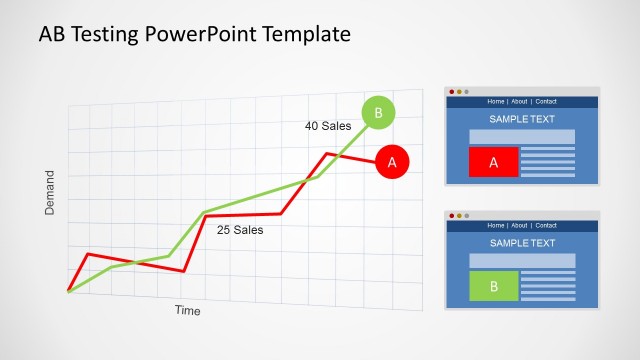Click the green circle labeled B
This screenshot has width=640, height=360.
pos(378,113)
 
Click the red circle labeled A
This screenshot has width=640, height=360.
pos(392,161)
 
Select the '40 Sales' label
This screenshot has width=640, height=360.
pos(328,126)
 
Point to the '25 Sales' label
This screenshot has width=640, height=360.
pos(240,230)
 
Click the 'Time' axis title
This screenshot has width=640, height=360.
pos(188,311)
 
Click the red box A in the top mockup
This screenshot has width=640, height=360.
pos(493,162)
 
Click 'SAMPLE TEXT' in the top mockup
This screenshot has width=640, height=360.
pos(522,119)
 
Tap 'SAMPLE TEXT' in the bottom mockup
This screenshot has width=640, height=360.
pos(522,243)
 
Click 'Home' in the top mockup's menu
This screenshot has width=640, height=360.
pos(496,101)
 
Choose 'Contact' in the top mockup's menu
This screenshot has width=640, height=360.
pos(546,101)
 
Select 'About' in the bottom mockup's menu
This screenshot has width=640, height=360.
pos(520,225)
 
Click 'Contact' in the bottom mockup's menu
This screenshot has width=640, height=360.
pos(546,225)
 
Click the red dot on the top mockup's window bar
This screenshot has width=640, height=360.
pos(452,92)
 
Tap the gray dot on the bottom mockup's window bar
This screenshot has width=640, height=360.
pos(466,216)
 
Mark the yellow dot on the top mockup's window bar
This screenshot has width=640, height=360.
pos(459,92)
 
